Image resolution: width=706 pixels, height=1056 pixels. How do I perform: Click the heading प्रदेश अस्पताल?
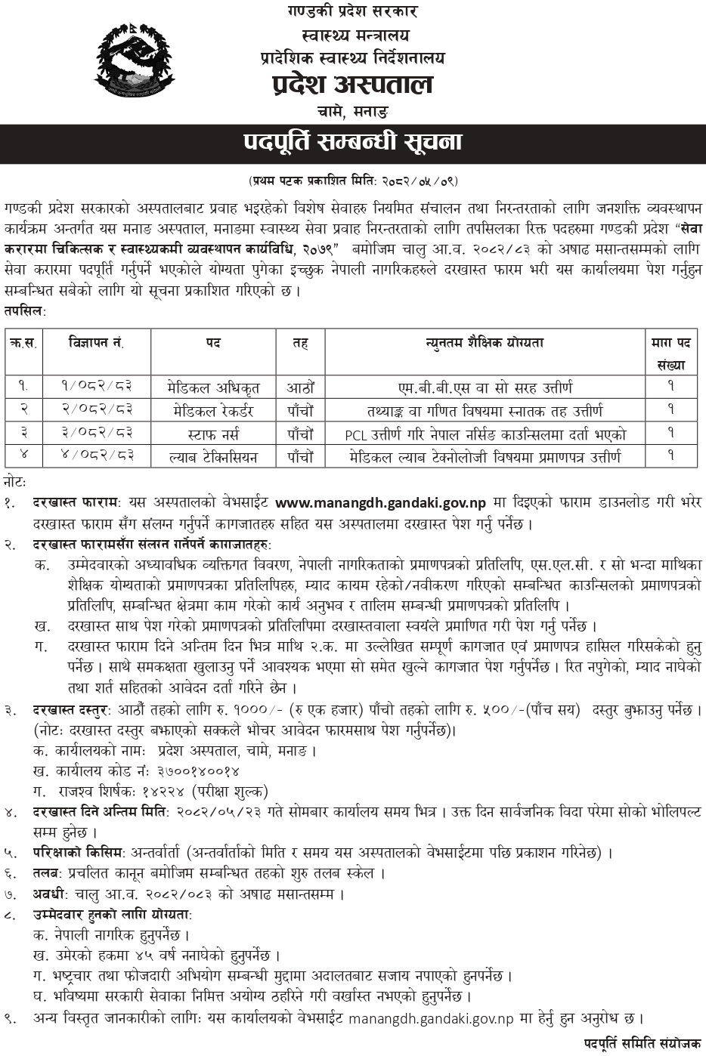pos(352,85)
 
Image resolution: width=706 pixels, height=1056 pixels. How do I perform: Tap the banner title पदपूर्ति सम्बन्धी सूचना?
pos(352,142)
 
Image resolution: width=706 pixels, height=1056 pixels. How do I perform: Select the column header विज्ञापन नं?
pos(97,343)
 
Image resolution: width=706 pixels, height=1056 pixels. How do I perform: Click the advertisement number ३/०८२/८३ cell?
pos(97,434)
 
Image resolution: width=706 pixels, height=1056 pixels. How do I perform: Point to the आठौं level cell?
pos(300,388)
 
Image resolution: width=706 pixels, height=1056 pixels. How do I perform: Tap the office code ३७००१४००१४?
pos(199,771)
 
